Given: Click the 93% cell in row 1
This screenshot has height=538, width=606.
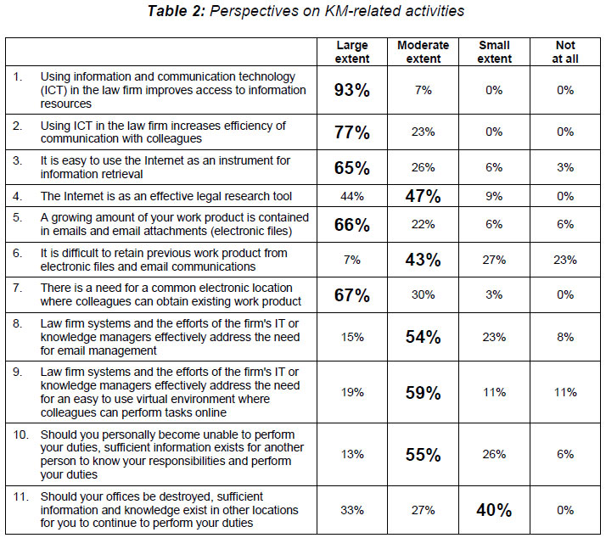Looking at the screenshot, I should (351, 90).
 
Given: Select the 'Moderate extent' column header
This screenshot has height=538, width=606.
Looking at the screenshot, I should (423, 52).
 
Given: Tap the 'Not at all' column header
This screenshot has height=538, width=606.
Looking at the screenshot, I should (565, 52).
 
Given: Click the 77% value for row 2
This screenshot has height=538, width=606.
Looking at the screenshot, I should (351, 132).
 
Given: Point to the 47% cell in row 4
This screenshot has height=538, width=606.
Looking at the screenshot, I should (423, 196).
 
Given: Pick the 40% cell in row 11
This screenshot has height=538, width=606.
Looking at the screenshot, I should (494, 510).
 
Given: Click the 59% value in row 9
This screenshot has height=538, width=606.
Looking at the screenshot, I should (423, 393).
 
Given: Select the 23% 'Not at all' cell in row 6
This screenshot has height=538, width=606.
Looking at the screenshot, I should (565, 260).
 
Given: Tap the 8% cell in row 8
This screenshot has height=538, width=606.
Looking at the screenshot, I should (565, 337).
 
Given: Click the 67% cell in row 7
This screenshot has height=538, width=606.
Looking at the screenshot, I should (351, 295).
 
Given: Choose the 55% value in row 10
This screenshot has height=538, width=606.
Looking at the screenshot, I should (423, 454).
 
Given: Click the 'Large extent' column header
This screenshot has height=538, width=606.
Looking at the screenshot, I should (351, 52).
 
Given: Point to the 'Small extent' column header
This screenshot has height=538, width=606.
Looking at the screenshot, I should (494, 52).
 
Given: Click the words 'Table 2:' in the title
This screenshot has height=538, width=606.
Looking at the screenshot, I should (177, 11).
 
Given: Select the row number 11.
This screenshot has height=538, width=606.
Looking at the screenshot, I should (21, 496).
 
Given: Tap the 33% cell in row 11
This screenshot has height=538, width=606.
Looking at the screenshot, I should (351, 510).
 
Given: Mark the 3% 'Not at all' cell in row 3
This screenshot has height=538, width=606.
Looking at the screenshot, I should (565, 167).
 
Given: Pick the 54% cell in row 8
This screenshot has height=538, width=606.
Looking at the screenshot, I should (423, 337).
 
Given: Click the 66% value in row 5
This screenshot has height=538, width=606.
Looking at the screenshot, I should (351, 225).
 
